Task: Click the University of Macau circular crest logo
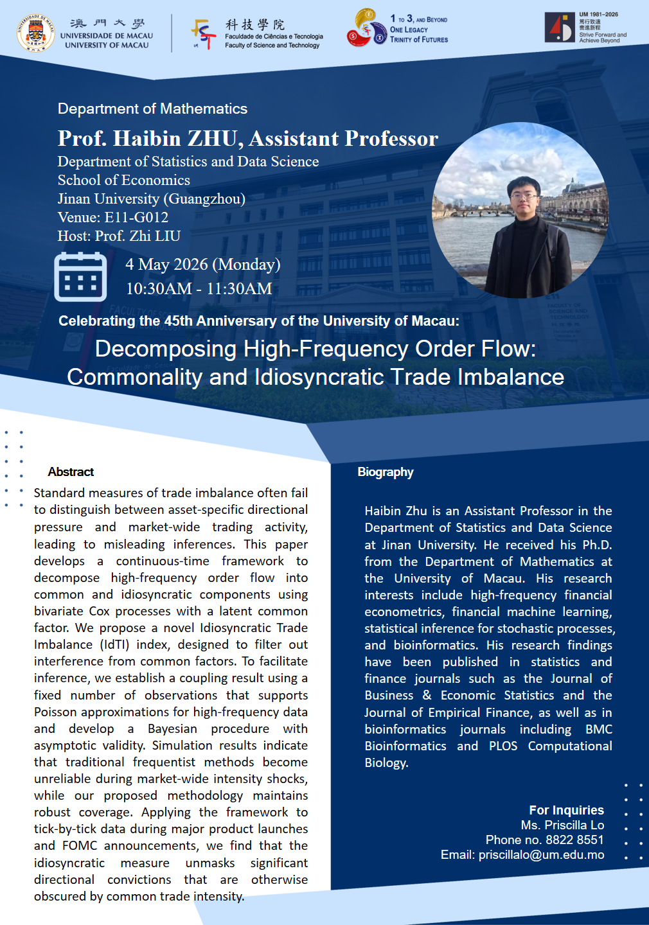tap(35, 32)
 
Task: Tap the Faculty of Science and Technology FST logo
tap(203, 33)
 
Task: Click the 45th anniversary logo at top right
tap(559, 28)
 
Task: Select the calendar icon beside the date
tap(80, 277)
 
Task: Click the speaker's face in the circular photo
tap(523, 196)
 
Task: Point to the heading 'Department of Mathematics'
tap(152, 109)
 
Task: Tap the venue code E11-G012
tap(136, 217)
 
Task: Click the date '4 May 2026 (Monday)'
tap(202, 264)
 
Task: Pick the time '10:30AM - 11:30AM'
tap(199, 288)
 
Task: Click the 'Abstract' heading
tap(71, 472)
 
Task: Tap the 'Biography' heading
tap(386, 472)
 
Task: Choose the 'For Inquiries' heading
tap(566, 810)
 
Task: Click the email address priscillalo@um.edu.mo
tap(541, 854)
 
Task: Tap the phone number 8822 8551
tap(574, 840)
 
